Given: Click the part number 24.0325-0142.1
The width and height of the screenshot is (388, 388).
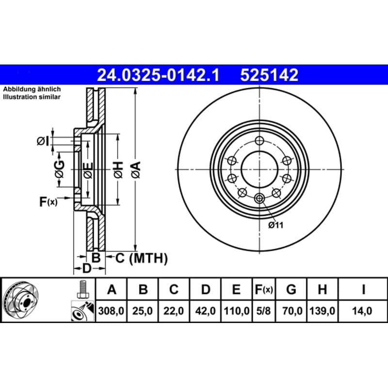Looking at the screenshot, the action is pos(158,75).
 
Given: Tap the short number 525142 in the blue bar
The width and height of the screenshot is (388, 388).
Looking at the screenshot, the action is pos(269,75).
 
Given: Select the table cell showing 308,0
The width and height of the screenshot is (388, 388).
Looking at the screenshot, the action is pos(111,311).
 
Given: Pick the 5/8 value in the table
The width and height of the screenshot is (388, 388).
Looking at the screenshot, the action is pos(263,311).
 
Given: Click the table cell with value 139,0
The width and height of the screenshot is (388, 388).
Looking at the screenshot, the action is pos(322,311).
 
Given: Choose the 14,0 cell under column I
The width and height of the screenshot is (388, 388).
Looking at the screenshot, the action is pos(362,311).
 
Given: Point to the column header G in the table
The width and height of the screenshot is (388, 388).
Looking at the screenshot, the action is pos(291,289).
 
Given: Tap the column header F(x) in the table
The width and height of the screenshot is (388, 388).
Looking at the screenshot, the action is pos(264,289).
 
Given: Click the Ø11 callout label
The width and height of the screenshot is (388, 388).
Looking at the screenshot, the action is pos(275,225).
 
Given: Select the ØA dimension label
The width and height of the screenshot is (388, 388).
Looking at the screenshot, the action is pos(136,170).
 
